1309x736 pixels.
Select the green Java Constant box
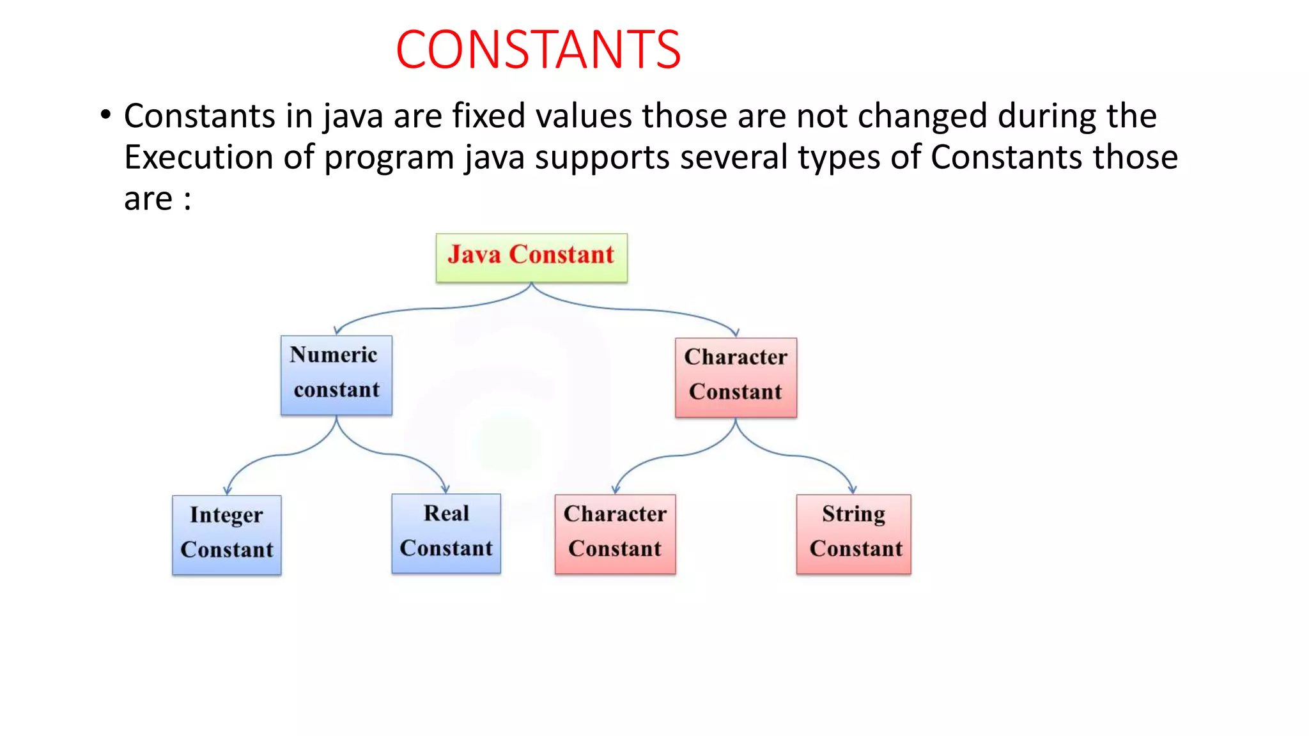click(531, 257)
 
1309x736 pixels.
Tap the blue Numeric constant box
click(336, 375)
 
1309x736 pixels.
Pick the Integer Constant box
click(226, 535)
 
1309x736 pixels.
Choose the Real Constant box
click(445, 533)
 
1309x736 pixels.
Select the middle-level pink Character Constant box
click(736, 377)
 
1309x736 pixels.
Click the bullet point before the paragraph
click(105, 116)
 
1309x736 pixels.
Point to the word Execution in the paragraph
click(199, 157)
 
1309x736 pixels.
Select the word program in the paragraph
click(389, 158)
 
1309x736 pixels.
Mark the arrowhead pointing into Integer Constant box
click(228, 490)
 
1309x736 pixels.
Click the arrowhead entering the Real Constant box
click(445, 488)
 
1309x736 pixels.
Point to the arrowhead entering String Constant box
click(853, 489)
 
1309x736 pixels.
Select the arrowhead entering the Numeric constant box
click(337, 330)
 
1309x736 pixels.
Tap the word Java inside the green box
click(474, 255)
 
